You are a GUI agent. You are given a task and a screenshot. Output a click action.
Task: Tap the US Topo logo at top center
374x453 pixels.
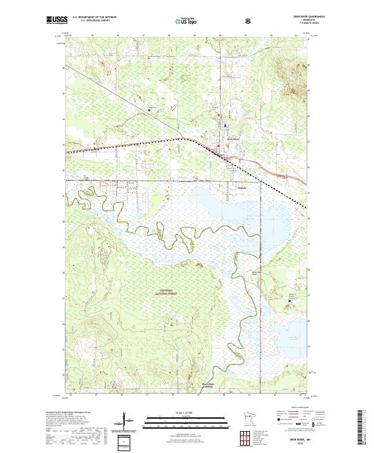point(186,20)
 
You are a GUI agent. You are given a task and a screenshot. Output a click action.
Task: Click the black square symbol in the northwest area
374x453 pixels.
point(150,111)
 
